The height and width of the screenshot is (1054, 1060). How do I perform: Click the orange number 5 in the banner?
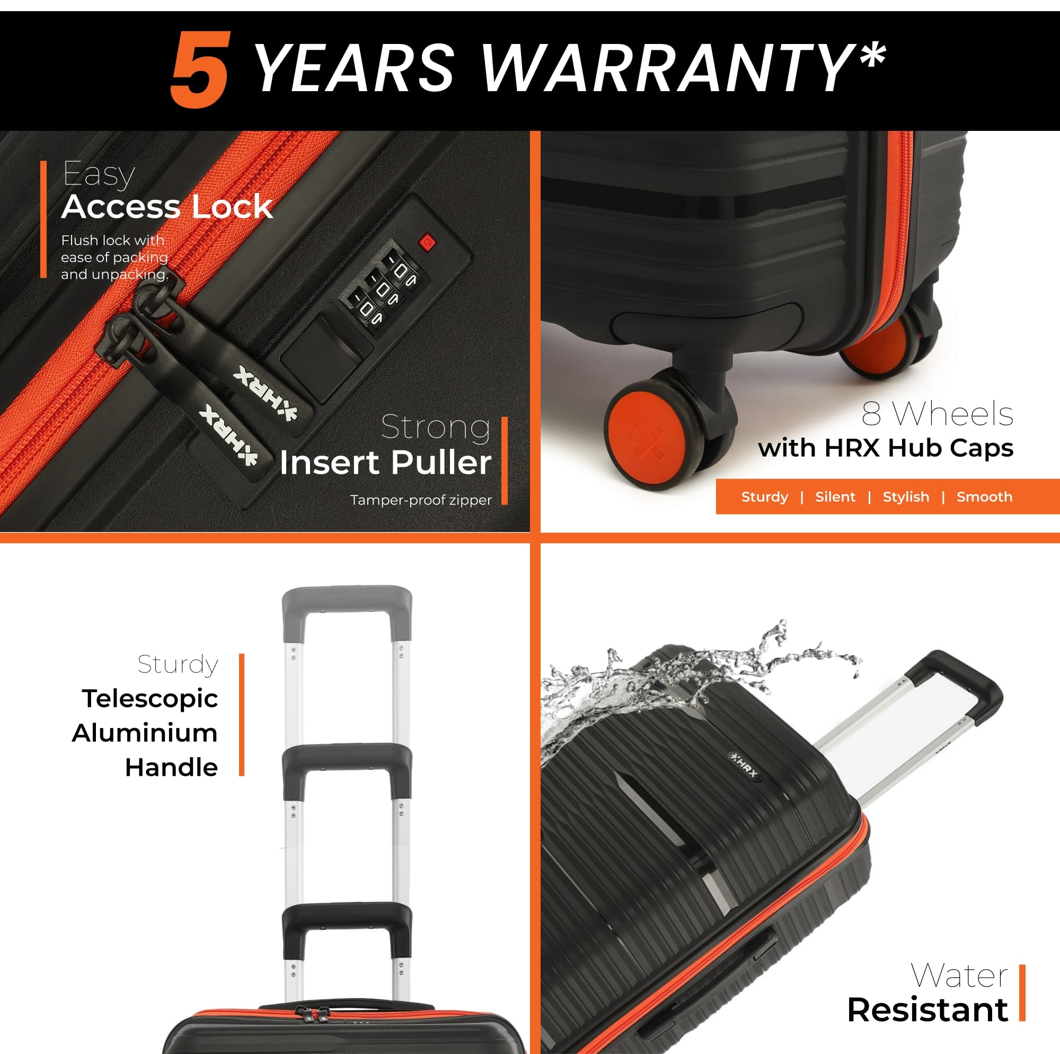pos(199,69)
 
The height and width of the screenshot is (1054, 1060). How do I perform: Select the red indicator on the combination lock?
pos(427,242)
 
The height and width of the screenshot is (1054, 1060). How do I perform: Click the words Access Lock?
pos(167,207)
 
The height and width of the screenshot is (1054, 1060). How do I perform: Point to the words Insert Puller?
pos(385,463)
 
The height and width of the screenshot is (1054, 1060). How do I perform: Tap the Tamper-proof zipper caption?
pos(421,500)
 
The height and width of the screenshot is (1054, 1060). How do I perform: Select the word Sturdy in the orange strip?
pos(764,497)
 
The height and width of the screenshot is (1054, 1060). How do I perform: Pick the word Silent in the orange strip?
pos(835,497)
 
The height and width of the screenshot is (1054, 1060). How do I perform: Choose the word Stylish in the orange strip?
pos(906,497)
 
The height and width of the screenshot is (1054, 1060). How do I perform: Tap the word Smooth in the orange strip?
pos(984,497)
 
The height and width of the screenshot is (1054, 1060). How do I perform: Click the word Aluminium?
pos(144,733)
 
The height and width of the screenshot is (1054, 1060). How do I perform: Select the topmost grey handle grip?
pos(347,610)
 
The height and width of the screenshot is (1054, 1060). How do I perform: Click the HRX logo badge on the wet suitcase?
pos(745,766)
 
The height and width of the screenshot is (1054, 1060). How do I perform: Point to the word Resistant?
pos(927,1010)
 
